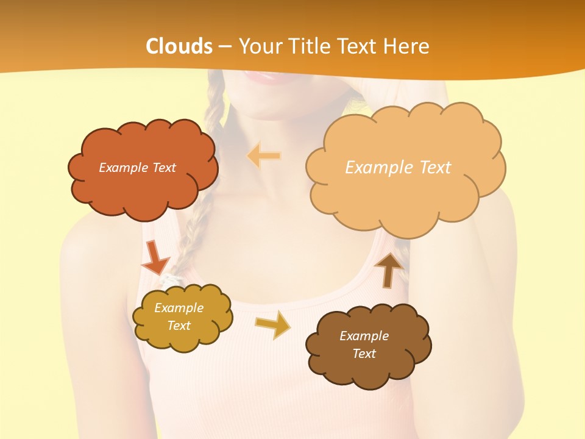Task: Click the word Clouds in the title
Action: tap(179, 46)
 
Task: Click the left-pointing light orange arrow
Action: tap(263, 155)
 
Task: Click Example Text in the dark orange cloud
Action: tap(137, 168)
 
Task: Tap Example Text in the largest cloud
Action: tap(398, 168)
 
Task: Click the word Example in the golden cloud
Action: tap(179, 308)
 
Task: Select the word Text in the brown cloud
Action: tap(364, 354)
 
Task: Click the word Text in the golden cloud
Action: tap(179, 326)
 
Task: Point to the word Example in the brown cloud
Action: tap(364, 336)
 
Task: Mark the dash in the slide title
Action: tap(225, 47)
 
